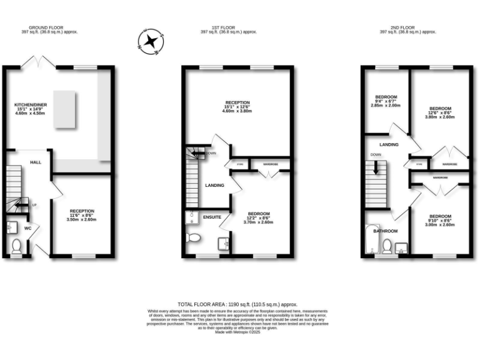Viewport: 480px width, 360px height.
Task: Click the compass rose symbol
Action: pos(150,41)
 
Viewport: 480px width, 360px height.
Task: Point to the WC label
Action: pos(27,228)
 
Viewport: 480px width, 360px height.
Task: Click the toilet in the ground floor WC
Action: pos(16,247)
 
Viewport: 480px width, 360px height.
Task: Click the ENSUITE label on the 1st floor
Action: pos(212,217)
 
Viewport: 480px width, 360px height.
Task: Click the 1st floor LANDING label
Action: pos(215,186)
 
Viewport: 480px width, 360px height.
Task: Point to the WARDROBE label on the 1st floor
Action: pos(270,164)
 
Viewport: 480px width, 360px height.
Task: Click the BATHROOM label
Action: pos(386,231)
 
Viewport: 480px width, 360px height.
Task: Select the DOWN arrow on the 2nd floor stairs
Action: pos(376,166)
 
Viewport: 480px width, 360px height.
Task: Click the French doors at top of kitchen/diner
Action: pos(37,61)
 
